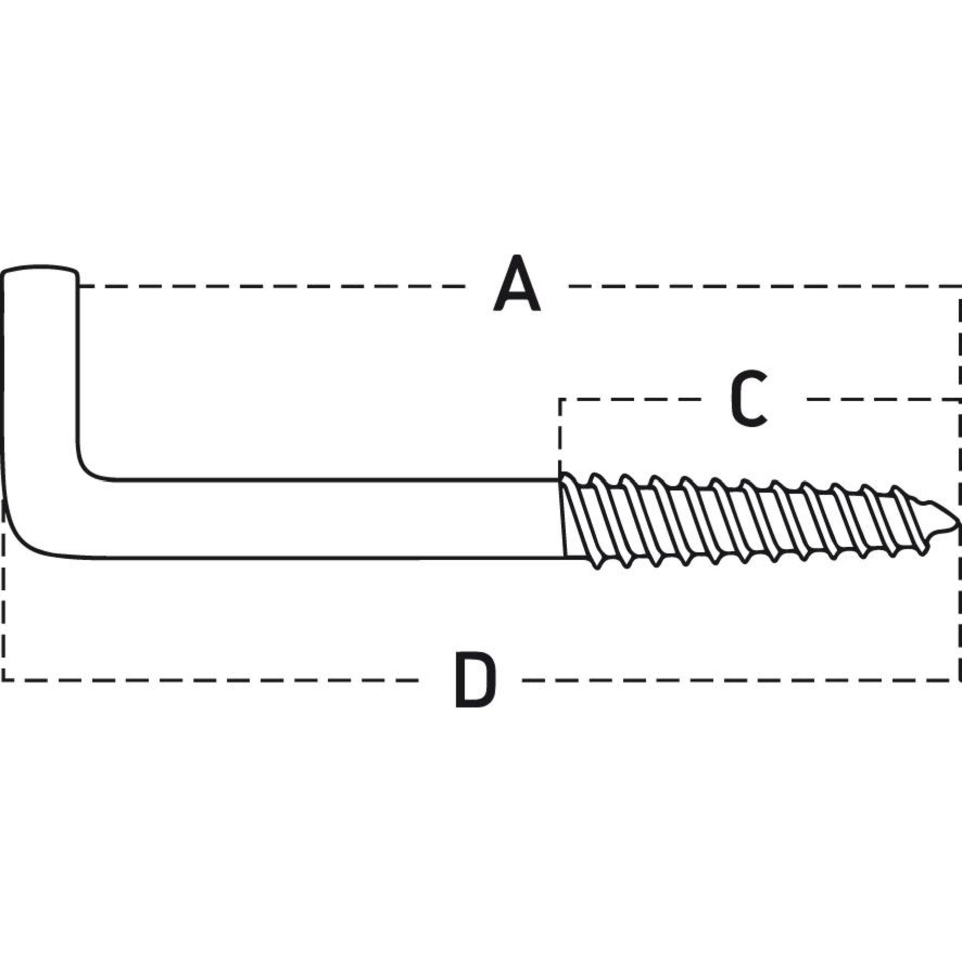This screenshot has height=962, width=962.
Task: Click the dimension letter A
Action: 517,283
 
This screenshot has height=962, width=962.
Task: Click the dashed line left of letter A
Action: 273,287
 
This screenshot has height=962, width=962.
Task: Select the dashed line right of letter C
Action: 883,399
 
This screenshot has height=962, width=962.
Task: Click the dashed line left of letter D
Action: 210,680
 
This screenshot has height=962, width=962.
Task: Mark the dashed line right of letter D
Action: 742,680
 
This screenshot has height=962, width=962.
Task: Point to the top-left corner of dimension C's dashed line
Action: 560,399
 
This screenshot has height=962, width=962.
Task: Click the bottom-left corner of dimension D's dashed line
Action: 4,680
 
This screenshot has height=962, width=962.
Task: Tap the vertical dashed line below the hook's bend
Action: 4,591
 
